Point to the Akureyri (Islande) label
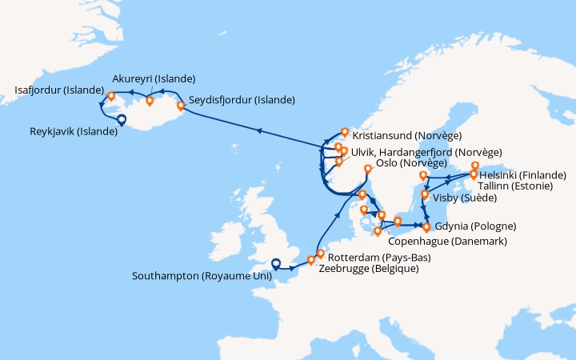tap(154, 78)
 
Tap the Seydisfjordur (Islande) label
tap(241, 100)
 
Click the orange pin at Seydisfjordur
tap(181, 104)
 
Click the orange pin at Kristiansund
tap(345, 132)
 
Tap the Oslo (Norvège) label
tap(400, 163)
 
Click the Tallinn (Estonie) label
tap(518, 186)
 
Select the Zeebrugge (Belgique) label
tap(368, 269)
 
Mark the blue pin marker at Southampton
tap(276, 263)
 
